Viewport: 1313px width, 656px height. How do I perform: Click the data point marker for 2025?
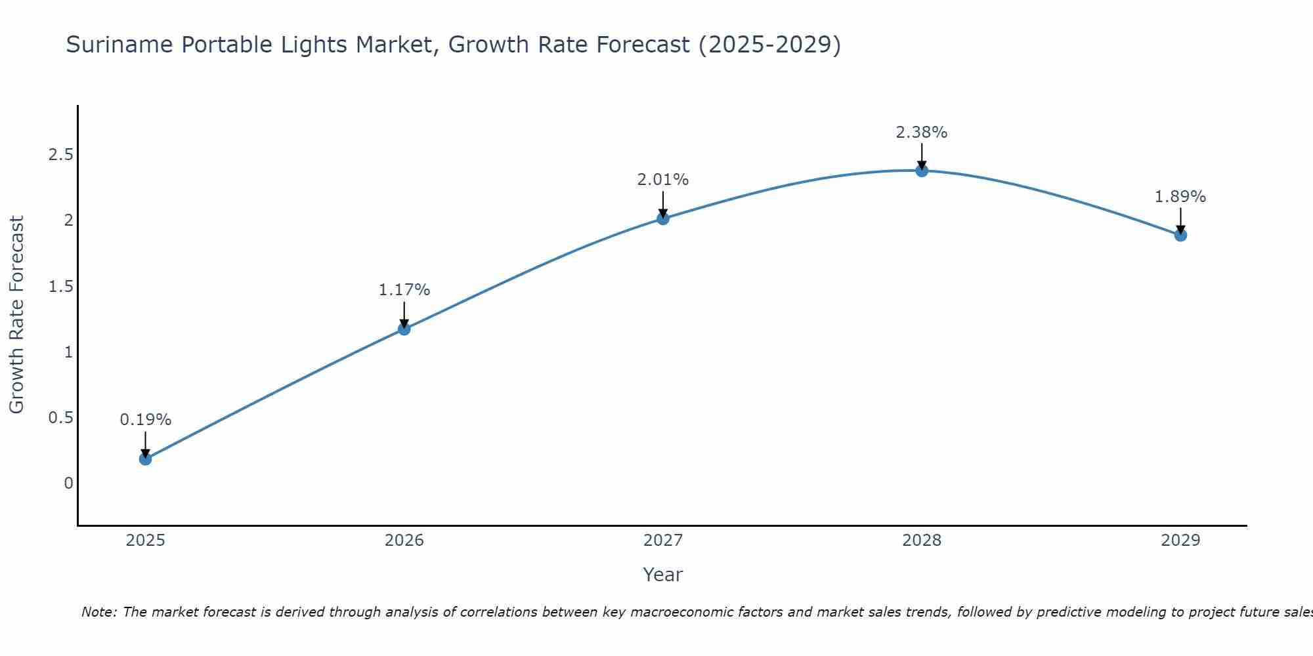pyautogui.click(x=146, y=459)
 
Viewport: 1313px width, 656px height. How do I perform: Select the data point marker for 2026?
pyautogui.click(x=404, y=329)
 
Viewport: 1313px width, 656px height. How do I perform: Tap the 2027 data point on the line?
pyautogui.click(x=663, y=218)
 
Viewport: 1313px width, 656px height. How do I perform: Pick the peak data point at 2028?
pyautogui.click(x=922, y=171)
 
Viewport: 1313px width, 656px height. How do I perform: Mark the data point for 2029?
pyautogui.click(x=1180, y=235)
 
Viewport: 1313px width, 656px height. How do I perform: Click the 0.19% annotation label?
pyautogui.click(x=146, y=420)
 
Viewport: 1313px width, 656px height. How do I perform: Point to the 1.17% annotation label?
pyautogui.click(x=404, y=290)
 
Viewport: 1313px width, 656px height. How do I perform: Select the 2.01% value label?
pyautogui.click(x=663, y=180)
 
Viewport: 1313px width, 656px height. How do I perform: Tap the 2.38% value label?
pyautogui.click(x=922, y=133)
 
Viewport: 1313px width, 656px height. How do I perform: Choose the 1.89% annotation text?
pyautogui.click(x=1180, y=197)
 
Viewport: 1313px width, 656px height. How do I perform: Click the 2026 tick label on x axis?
pyautogui.click(x=404, y=541)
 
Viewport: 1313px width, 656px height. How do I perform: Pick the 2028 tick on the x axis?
pyautogui.click(x=922, y=541)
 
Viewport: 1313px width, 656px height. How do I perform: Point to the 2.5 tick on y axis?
pyautogui.click(x=60, y=155)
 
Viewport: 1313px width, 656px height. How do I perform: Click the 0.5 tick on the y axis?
pyautogui.click(x=60, y=418)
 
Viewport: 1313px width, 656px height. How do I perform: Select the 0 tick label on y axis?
pyautogui.click(x=68, y=483)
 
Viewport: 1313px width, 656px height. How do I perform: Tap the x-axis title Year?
pyautogui.click(x=663, y=575)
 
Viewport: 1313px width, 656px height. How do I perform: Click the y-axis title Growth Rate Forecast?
pyautogui.click(x=16, y=315)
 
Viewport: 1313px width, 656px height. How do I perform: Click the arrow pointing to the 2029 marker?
pyautogui.click(x=1180, y=220)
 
